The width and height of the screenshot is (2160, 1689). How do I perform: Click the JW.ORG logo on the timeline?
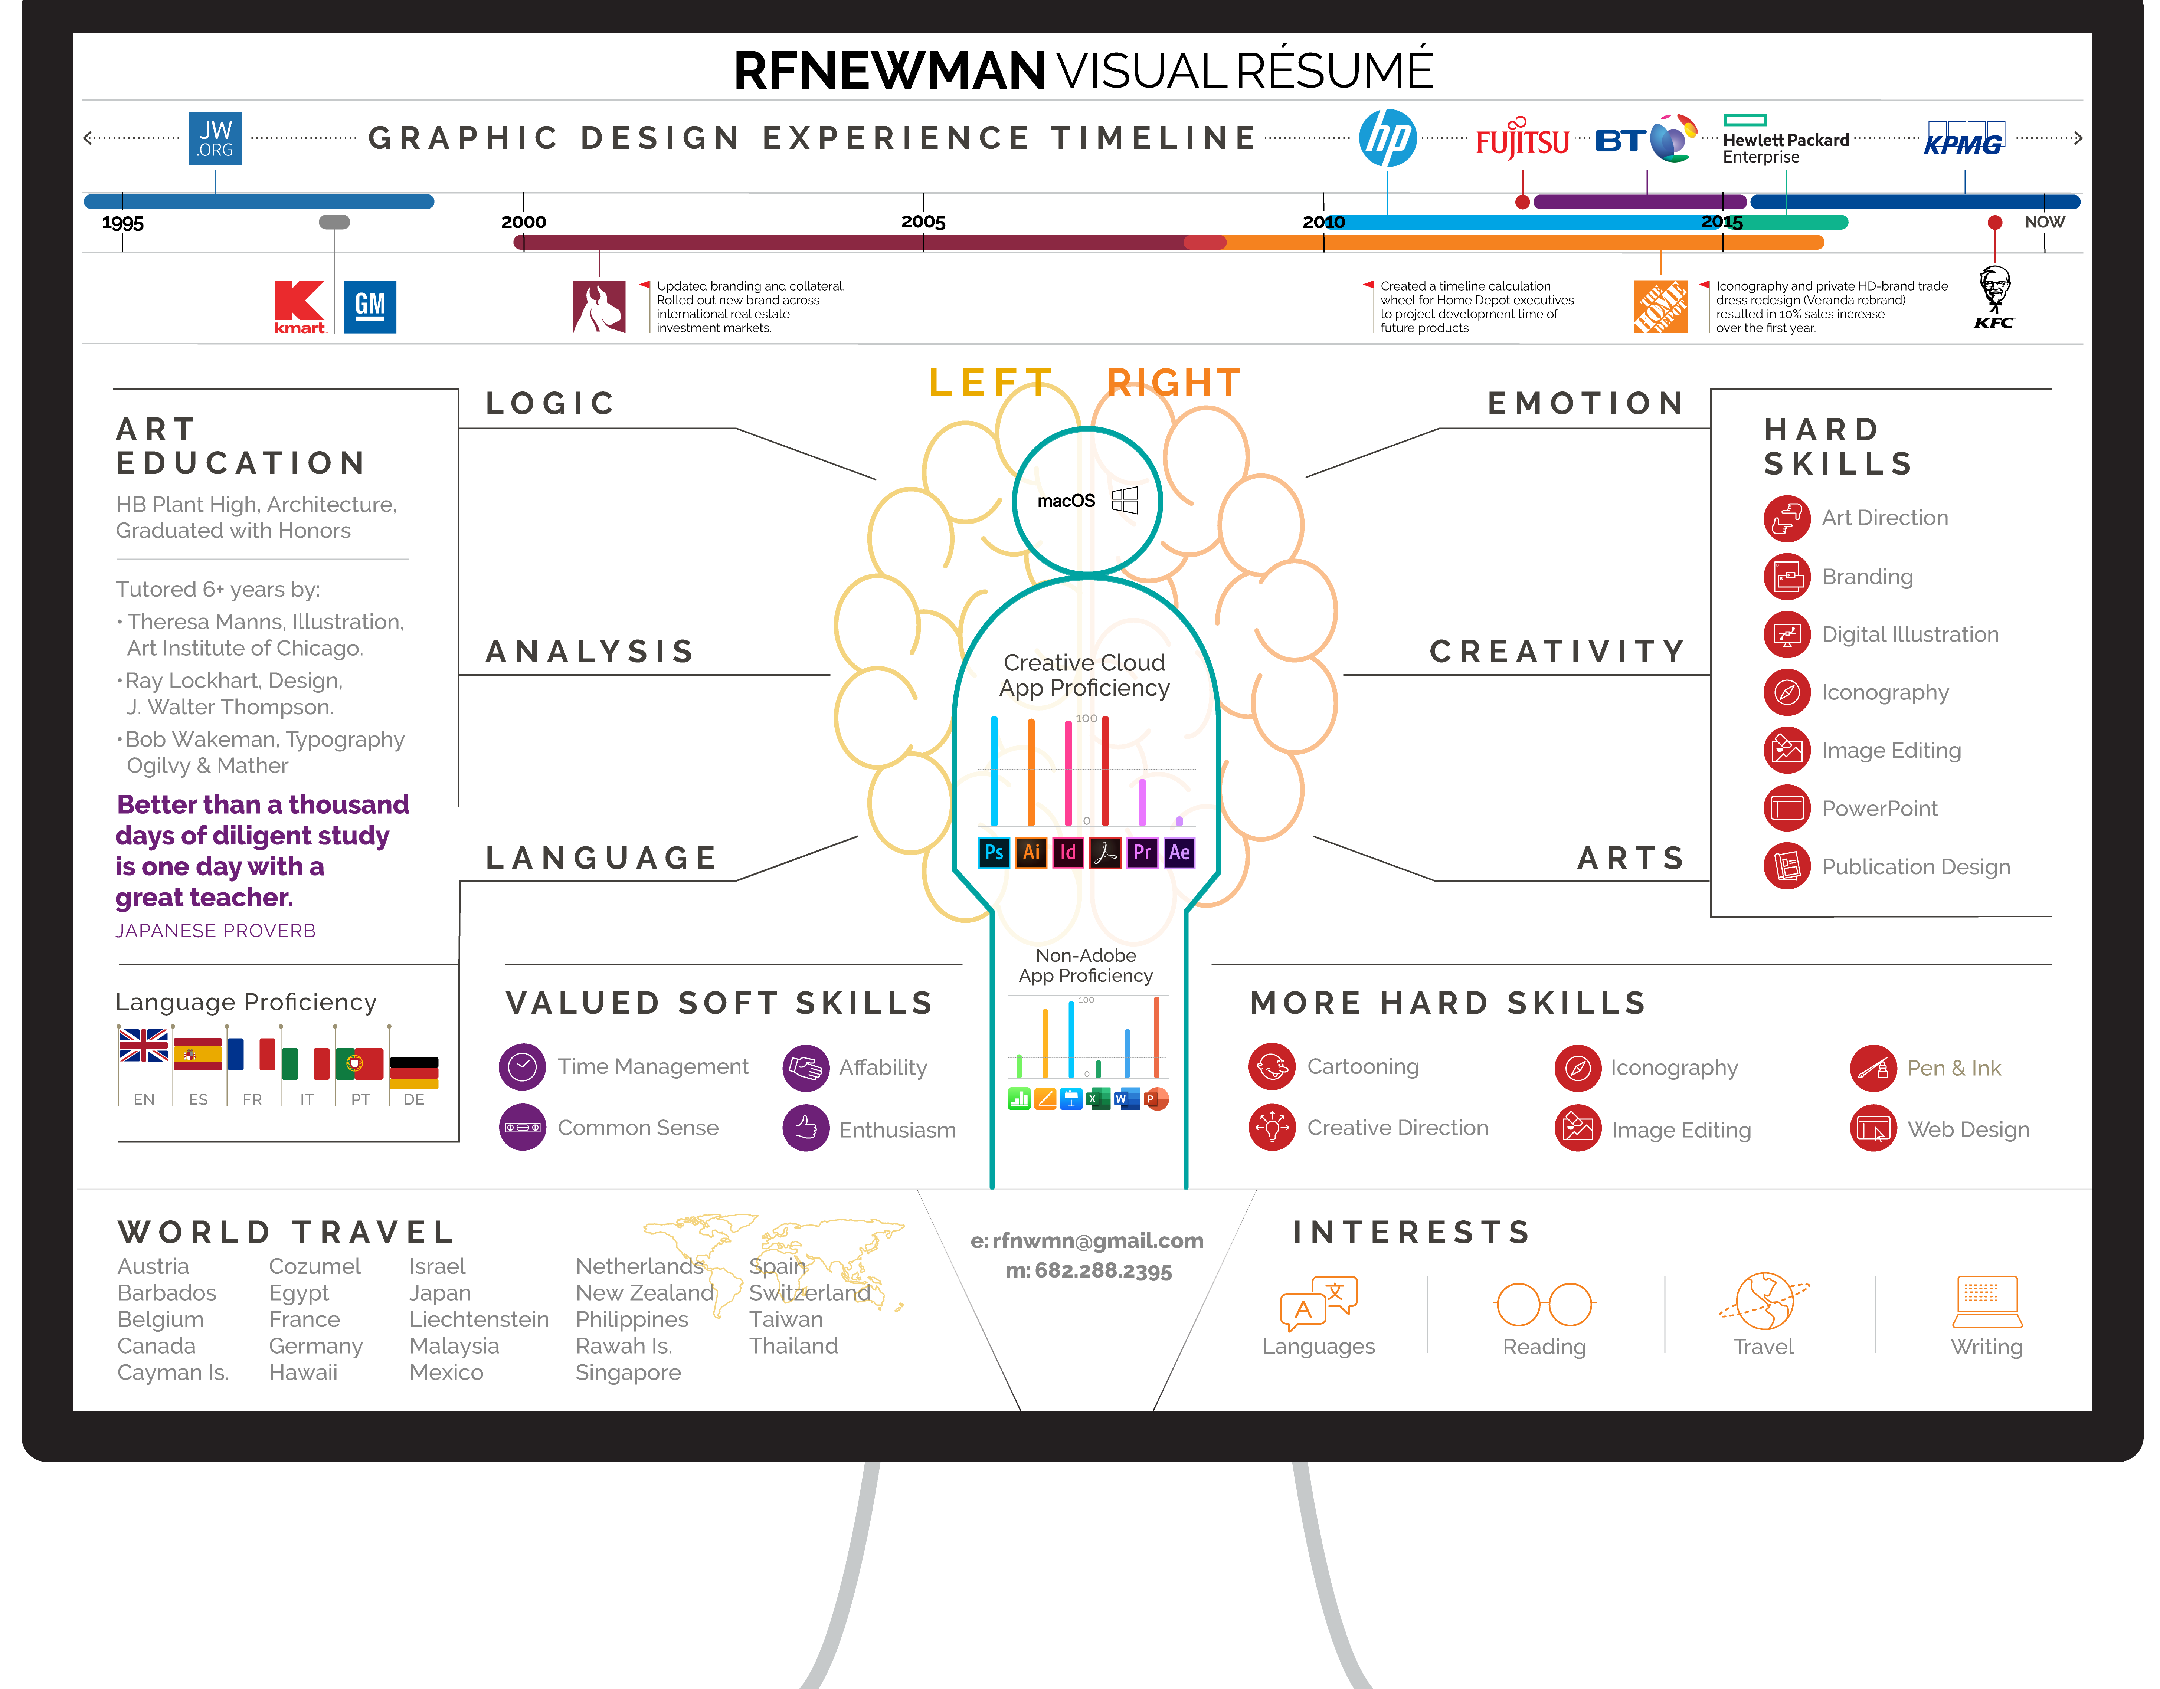pos(216,137)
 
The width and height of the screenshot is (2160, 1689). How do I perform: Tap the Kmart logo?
pos(300,306)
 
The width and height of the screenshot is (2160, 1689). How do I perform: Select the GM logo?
pos(370,306)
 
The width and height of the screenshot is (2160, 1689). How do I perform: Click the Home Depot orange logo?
pos(1660,306)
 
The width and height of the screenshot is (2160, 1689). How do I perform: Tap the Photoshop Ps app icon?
pos(994,852)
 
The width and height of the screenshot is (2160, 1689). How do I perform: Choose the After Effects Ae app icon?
pos(1179,852)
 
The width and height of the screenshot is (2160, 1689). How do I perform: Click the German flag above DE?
pos(413,1072)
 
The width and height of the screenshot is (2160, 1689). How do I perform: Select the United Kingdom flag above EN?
pos(143,1045)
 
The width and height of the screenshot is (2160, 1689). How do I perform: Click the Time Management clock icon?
pos(522,1067)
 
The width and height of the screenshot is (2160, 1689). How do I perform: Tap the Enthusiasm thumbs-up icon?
pos(806,1128)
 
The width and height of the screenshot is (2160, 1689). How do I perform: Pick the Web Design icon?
pos(1873,1128)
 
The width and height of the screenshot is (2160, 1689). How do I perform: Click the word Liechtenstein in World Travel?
pos(479,1319)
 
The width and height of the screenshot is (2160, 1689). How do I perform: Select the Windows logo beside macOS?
pos(1125,501)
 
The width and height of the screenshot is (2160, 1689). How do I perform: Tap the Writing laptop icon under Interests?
pos(1987,1301)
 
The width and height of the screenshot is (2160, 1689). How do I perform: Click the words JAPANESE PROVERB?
pos(216,931)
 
